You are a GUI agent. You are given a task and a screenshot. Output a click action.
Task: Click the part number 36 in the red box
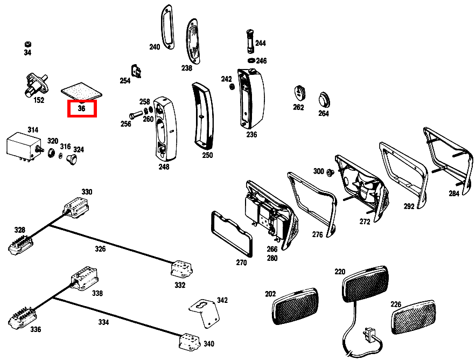[81, 108]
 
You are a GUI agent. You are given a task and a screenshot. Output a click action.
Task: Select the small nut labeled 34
[27, 44]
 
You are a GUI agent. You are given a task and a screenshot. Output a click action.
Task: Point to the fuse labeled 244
[249, 40]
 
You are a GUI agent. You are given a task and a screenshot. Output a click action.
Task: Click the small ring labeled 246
[251, 61]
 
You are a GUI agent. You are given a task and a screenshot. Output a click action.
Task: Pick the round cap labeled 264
[323, 100]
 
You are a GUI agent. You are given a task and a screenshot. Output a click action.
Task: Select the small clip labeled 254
[137, 71]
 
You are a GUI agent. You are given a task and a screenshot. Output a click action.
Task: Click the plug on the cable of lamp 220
[369, 335]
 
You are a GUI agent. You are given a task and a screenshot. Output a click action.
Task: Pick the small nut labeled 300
[331, 172]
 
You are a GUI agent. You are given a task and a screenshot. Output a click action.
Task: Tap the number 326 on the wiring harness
[101, 249]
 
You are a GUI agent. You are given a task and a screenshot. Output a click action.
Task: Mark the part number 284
[454, 193]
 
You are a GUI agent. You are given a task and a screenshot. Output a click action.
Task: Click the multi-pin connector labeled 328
[19, 244]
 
